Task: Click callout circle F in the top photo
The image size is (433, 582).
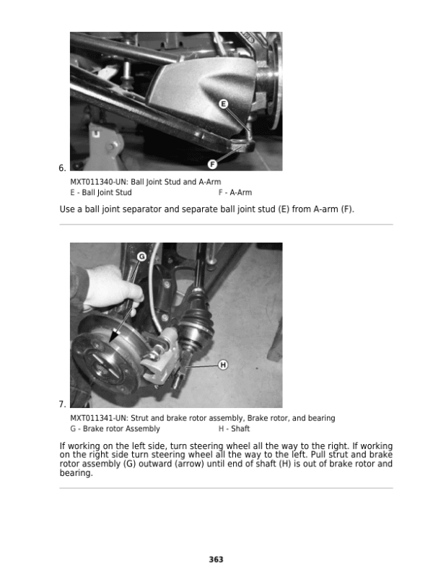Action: pos(213,162)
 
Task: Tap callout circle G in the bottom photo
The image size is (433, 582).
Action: pos(142,256)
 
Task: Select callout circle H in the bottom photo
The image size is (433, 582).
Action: pos(223,365)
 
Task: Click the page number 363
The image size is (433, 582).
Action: pos(216,559)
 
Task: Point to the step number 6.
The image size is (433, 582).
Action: pos(62,168)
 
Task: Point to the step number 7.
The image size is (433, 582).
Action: pos(62,404)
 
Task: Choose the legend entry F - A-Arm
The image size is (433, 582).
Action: pos(235,193)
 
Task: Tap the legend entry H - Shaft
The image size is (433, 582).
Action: pos(234,428)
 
